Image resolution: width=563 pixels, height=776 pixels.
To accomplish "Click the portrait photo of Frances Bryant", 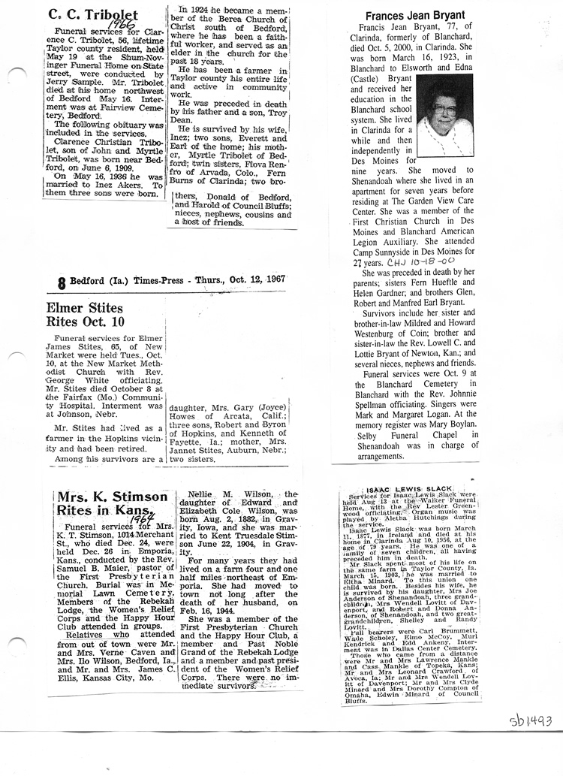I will (447, 113).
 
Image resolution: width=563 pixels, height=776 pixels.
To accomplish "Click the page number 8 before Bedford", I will (61, 282).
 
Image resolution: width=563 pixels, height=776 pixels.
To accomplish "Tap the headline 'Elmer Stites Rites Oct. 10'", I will (78, 316).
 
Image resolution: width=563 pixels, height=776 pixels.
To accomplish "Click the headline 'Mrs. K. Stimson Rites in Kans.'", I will (112, 504).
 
